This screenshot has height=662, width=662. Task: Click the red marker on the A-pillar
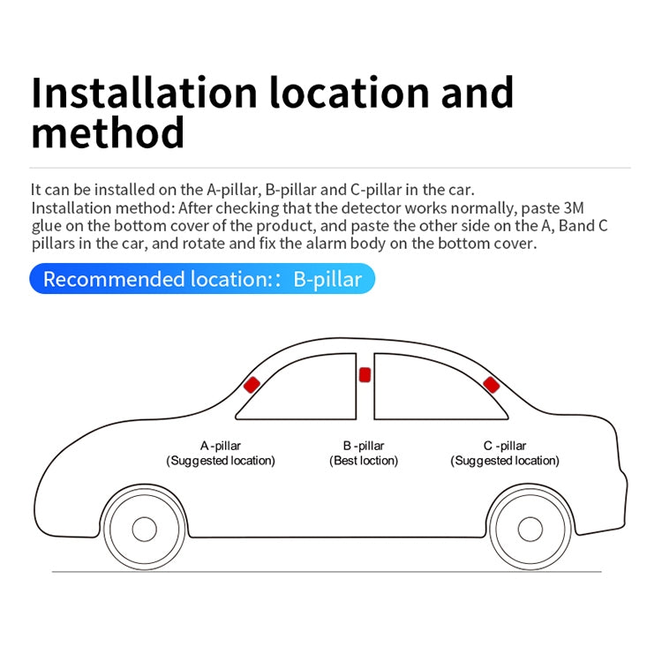coord(252,385)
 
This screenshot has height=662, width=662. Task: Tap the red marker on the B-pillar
coord(365,375)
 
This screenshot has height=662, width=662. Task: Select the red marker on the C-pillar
coord(491,385)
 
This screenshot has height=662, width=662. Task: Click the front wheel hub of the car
coord(145,529)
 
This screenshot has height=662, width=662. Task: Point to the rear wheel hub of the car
coord(530,529)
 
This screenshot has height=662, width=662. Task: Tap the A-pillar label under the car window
coord(221,446)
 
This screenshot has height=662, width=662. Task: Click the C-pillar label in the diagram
coord(505,446)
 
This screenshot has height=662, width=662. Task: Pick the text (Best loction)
coord(364,461)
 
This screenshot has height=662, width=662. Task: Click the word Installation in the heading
coord(144,93)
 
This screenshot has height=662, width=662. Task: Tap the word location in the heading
coord(350,93)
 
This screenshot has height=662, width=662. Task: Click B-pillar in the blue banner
coord(327,279)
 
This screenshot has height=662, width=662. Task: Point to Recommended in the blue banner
coord(114,279)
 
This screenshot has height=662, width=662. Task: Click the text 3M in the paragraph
coord(574,208)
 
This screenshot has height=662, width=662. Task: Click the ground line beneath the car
coord(327,572)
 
